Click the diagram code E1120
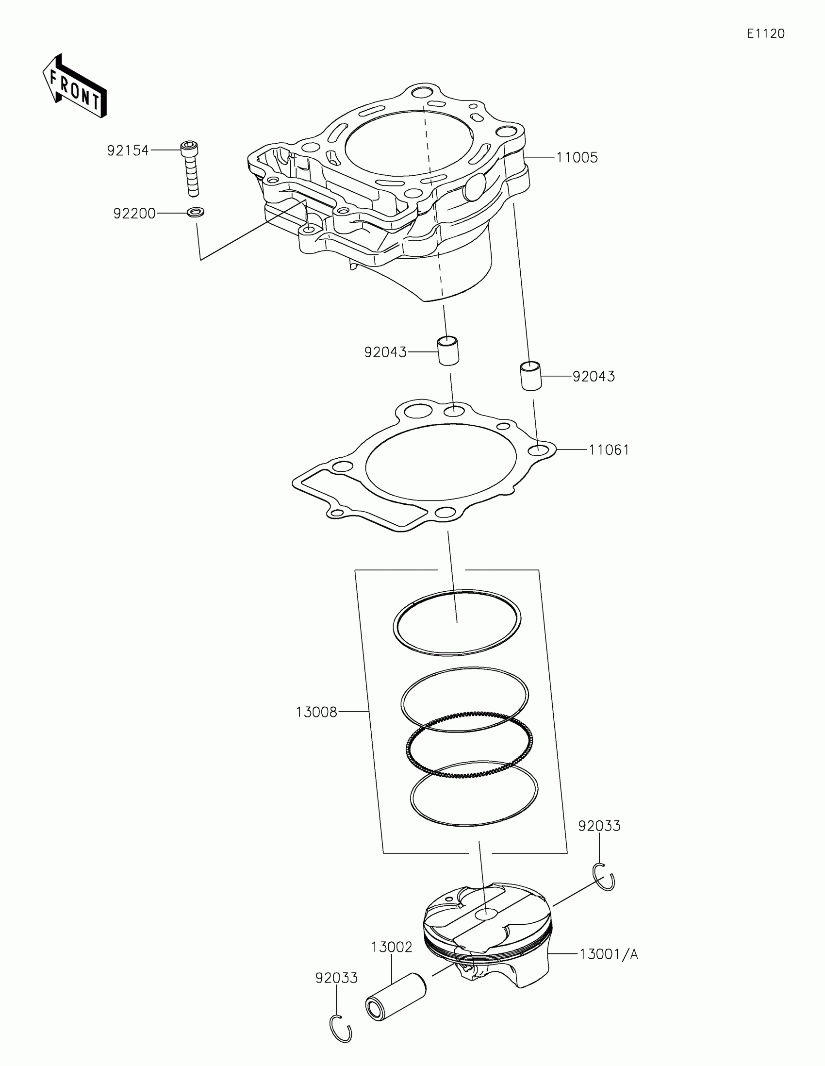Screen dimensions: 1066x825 coord(765,33)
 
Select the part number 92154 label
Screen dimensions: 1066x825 coord(128,150)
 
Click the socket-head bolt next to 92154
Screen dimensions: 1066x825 coord(191,168)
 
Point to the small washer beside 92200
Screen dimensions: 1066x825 coord(196,212)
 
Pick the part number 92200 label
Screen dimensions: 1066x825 coord(134,214)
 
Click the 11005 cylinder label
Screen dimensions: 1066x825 coord(577,158)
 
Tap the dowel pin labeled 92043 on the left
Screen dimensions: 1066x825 coord(448,350)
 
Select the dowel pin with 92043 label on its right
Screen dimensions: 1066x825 coord(530,375)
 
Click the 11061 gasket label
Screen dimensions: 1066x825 coord(609,450)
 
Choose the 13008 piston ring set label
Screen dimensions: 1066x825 coord(316,713)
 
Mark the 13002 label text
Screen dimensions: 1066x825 coord(392,947)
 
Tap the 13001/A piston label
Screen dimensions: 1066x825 coord(609,954)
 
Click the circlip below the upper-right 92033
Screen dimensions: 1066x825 coord(605,877)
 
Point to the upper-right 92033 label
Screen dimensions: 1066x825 coord(599,826)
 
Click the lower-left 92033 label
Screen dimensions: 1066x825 coord(337,978)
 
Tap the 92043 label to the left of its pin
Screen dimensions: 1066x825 coord(385,352)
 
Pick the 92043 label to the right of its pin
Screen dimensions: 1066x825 coord(594,376)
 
